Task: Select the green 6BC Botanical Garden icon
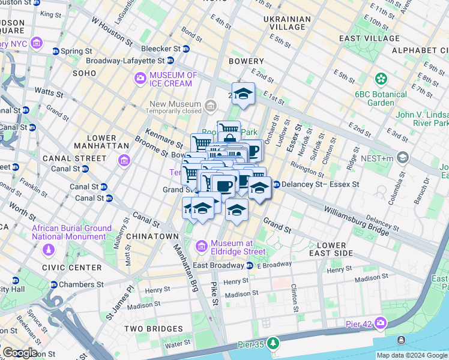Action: coord(380,79)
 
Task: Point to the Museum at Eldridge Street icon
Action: coord(202,247)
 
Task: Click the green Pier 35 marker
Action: coord(274,343)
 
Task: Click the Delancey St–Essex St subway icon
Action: coord(276,184)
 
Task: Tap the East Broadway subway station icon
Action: coord(249,265)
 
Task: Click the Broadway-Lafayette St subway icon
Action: coord(170,61)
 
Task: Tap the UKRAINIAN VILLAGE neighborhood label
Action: coord(287,23)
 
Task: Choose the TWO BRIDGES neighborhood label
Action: coord(153,329)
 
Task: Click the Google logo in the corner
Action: coord(20,353)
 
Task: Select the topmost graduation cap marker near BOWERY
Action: coord(243,94)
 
